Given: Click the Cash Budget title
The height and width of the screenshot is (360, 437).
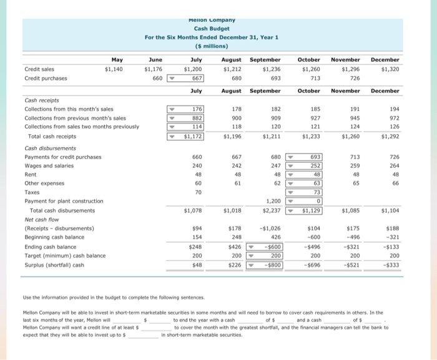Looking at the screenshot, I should point(212,29).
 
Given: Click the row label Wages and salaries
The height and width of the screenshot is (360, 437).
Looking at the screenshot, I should point(48,166).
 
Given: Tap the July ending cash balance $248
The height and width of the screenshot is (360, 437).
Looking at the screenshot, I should point(195,246).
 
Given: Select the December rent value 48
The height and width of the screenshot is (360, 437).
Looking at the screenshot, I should point(393,175).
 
